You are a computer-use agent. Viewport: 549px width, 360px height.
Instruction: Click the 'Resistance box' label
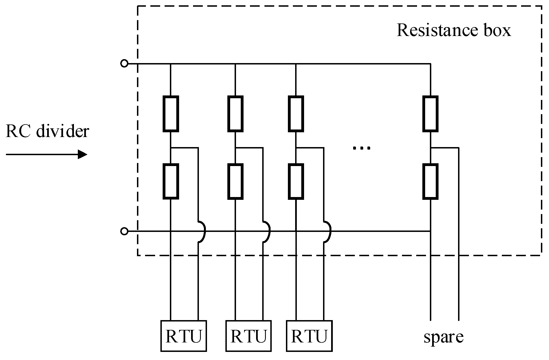pos(454,30)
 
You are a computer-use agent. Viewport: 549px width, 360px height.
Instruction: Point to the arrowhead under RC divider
pos(82,154)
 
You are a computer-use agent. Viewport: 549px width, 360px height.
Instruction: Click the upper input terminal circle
pos(124,64)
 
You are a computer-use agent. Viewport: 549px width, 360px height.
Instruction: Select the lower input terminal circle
pos(124,231)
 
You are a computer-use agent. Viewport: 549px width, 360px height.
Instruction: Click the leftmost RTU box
pos(184,336)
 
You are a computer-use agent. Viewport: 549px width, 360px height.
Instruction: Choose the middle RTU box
pos(248,336)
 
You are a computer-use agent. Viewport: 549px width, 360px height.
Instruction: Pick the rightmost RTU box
pos(309,336)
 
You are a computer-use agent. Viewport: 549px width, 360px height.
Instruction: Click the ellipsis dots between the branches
pos(362,148)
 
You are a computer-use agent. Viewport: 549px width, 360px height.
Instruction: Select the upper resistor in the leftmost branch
pos(171,114)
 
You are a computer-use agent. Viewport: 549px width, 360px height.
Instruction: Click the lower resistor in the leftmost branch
pos(171,181)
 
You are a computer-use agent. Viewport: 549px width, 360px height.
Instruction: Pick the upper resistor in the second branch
pos(235,114)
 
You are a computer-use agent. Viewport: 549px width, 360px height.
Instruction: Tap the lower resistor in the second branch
pos(235,181)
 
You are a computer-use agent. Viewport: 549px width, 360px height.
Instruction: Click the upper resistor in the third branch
pos(296,114)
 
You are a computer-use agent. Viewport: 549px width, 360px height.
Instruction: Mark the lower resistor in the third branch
pos(296,181)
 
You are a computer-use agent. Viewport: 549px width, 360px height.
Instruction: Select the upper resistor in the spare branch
pos(430,114)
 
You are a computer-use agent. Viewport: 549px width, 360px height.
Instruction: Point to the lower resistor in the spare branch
pos(430,181)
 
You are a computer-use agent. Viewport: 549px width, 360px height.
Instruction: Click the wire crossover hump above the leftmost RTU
pos(205,231)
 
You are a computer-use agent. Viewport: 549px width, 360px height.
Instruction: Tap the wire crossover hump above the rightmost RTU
pos(331,231)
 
